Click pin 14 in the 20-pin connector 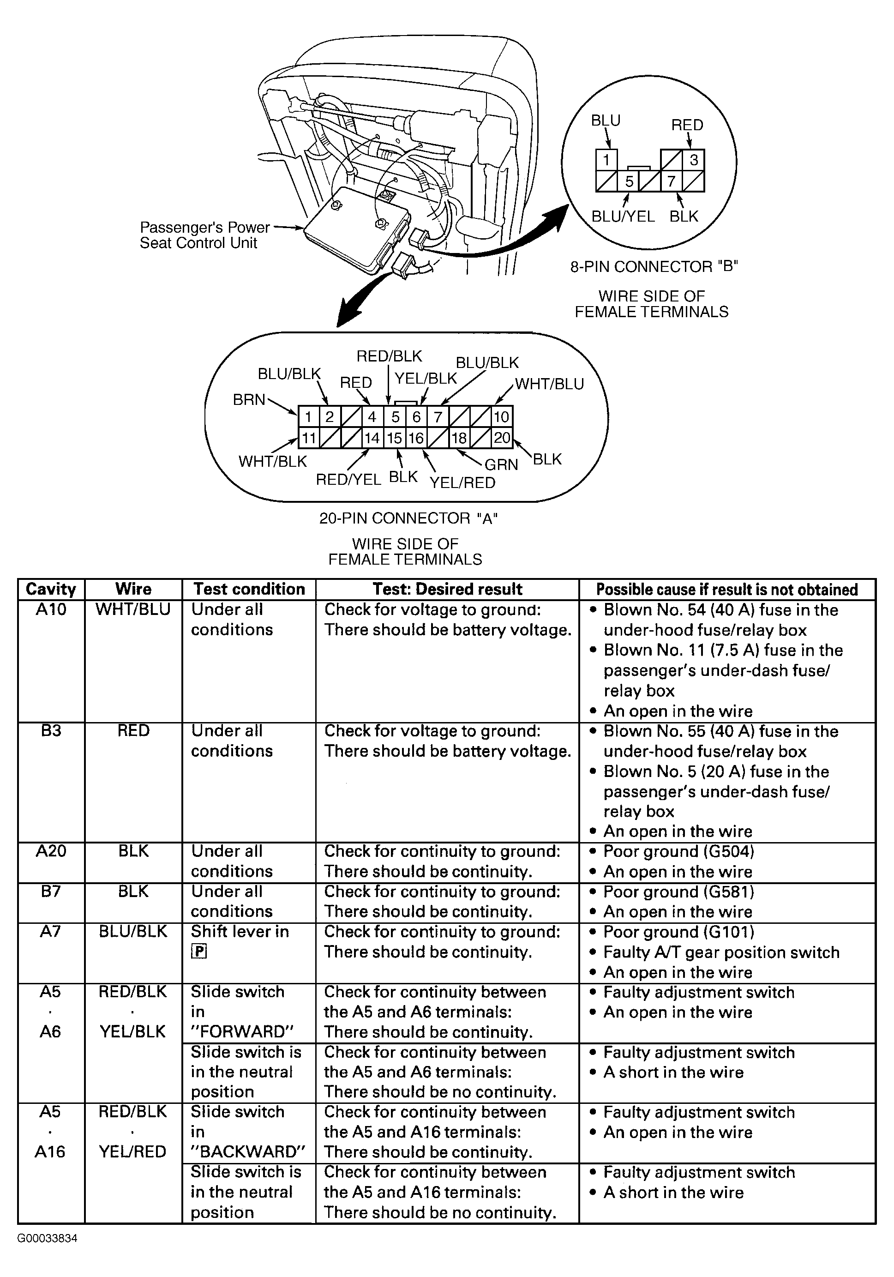[x=372, y=438]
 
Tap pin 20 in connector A [x=502, y=438]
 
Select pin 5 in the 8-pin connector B [x=629, y=181]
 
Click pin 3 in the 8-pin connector [x=693, y=160]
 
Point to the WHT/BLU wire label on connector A [x=549, y=384]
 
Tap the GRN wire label [x=501, y=464]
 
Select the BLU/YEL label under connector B [x=623, y=217]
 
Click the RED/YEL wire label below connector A [x=348, y=479]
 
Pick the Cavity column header [x=51, y=589]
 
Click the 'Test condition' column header [x=249, y=589]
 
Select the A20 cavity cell [x=51, y=851]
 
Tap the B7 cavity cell [x=51, y=891]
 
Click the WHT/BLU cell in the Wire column [x=133, y=609]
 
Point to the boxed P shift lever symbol [x=198, y=952]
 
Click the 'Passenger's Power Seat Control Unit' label [x=204, y=235]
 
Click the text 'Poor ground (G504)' [x=678, y=851]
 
